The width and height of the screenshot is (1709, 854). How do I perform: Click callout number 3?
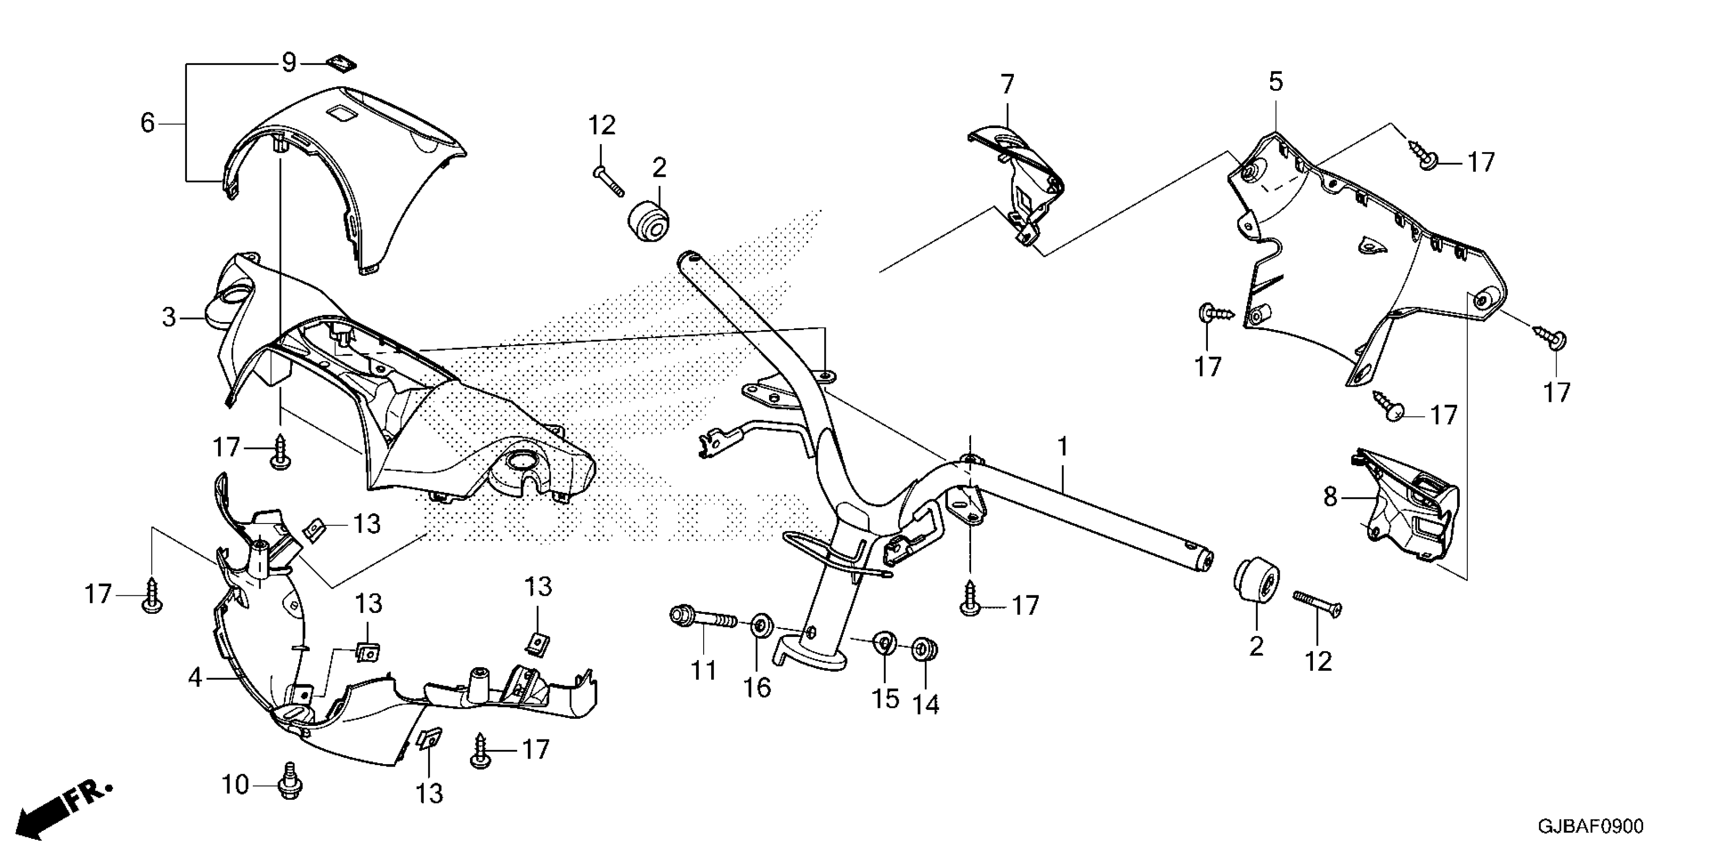click(169, 317)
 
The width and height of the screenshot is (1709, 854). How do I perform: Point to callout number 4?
click(195, 677)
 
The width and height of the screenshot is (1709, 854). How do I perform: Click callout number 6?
click(147, 123)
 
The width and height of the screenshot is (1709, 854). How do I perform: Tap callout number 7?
click(1006, 84)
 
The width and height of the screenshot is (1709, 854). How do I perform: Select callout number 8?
click(1330, 497)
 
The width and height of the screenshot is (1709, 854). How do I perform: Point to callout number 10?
click(235, 785)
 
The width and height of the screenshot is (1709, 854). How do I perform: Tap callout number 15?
click(885, 698)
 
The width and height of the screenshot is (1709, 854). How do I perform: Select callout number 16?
click(757, 688)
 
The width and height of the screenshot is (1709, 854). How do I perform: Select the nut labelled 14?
click(923, 649)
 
